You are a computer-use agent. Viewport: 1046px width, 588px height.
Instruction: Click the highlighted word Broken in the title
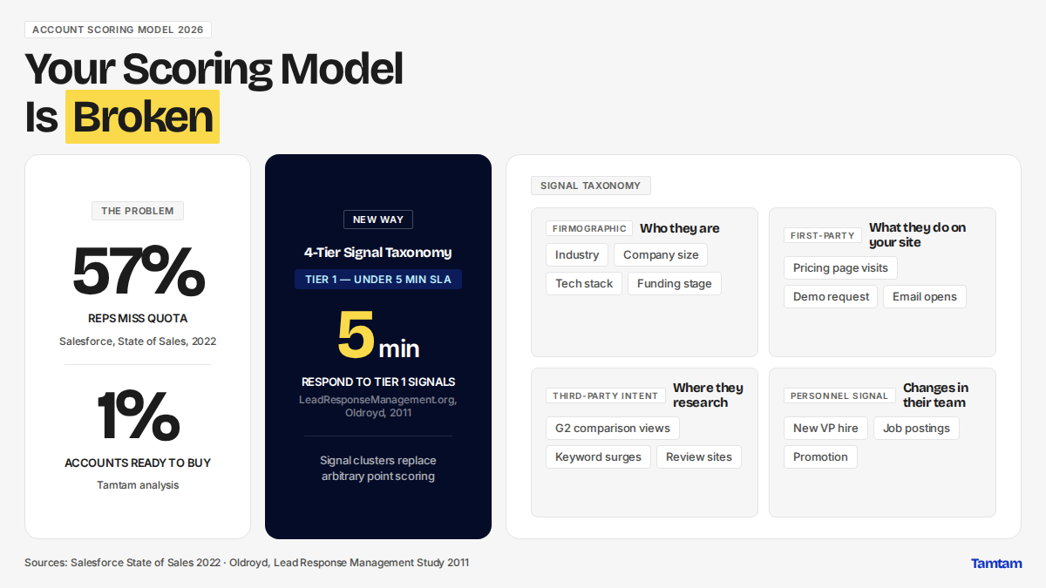[142, 117]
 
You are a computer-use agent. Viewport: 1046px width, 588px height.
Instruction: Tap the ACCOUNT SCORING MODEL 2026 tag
[118, 30]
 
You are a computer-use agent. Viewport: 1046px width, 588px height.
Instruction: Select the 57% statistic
[139, 271]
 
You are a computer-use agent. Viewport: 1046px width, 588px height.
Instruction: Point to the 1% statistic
[139, 415]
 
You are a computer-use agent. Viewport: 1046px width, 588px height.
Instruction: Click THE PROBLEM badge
[138, 211]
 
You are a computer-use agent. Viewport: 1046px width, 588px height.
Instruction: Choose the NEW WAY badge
[378, 220]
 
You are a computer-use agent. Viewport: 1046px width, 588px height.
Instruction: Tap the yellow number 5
[356, 335]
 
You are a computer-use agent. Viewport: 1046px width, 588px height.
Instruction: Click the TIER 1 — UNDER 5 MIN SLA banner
[378, 280]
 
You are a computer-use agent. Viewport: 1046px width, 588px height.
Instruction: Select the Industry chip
[577, 254]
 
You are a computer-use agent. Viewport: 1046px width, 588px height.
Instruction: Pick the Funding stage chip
[675, 284]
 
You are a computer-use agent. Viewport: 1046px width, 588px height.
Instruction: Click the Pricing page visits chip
[840, 268]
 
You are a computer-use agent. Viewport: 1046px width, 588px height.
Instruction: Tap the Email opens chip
[925, 297]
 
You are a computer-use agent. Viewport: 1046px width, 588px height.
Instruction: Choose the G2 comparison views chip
[613, 429]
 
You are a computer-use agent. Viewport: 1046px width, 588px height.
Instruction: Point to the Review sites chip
[699, 457]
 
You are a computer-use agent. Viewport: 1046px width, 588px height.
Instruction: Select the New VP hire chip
[825, 429]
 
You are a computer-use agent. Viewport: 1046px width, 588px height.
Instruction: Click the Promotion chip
[820, 457]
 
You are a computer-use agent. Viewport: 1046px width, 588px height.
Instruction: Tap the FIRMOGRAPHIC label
[589, 228]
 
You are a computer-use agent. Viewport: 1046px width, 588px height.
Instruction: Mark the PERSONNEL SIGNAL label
[839, 395]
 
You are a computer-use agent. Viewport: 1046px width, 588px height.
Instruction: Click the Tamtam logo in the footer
[996, 564]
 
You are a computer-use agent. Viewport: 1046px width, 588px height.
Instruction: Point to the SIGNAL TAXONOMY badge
[591, 186]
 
